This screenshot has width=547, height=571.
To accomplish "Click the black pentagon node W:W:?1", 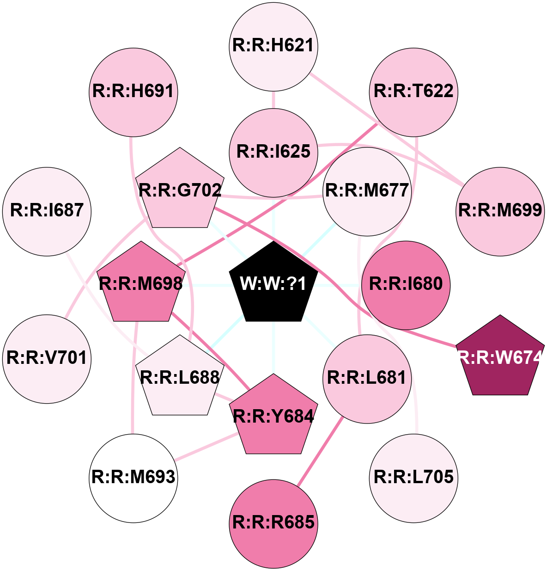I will [273, 283].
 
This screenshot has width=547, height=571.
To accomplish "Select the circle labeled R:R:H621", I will [273, 46].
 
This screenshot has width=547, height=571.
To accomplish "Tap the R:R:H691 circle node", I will [134, 92].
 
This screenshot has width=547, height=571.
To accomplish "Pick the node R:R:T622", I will [413, 92].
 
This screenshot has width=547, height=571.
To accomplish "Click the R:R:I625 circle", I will [273, 152].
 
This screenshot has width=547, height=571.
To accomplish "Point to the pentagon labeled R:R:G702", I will [180, 190].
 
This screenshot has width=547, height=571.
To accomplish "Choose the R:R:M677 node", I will [367, 190].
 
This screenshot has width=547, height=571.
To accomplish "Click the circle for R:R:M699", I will [500, 211].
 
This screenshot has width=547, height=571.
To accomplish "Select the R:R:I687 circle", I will [47, 211].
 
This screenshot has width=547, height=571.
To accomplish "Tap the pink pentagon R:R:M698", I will [141, 283].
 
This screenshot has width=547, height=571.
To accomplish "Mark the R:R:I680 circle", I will [406, 284].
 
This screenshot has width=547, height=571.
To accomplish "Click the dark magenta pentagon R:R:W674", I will [500, 357].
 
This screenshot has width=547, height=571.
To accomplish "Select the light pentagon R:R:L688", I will [180, 378].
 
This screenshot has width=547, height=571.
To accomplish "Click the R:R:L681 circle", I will [367, 378].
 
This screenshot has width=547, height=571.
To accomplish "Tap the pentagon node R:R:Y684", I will [274, 416].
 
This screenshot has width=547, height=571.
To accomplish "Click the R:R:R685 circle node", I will [273, 523].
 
